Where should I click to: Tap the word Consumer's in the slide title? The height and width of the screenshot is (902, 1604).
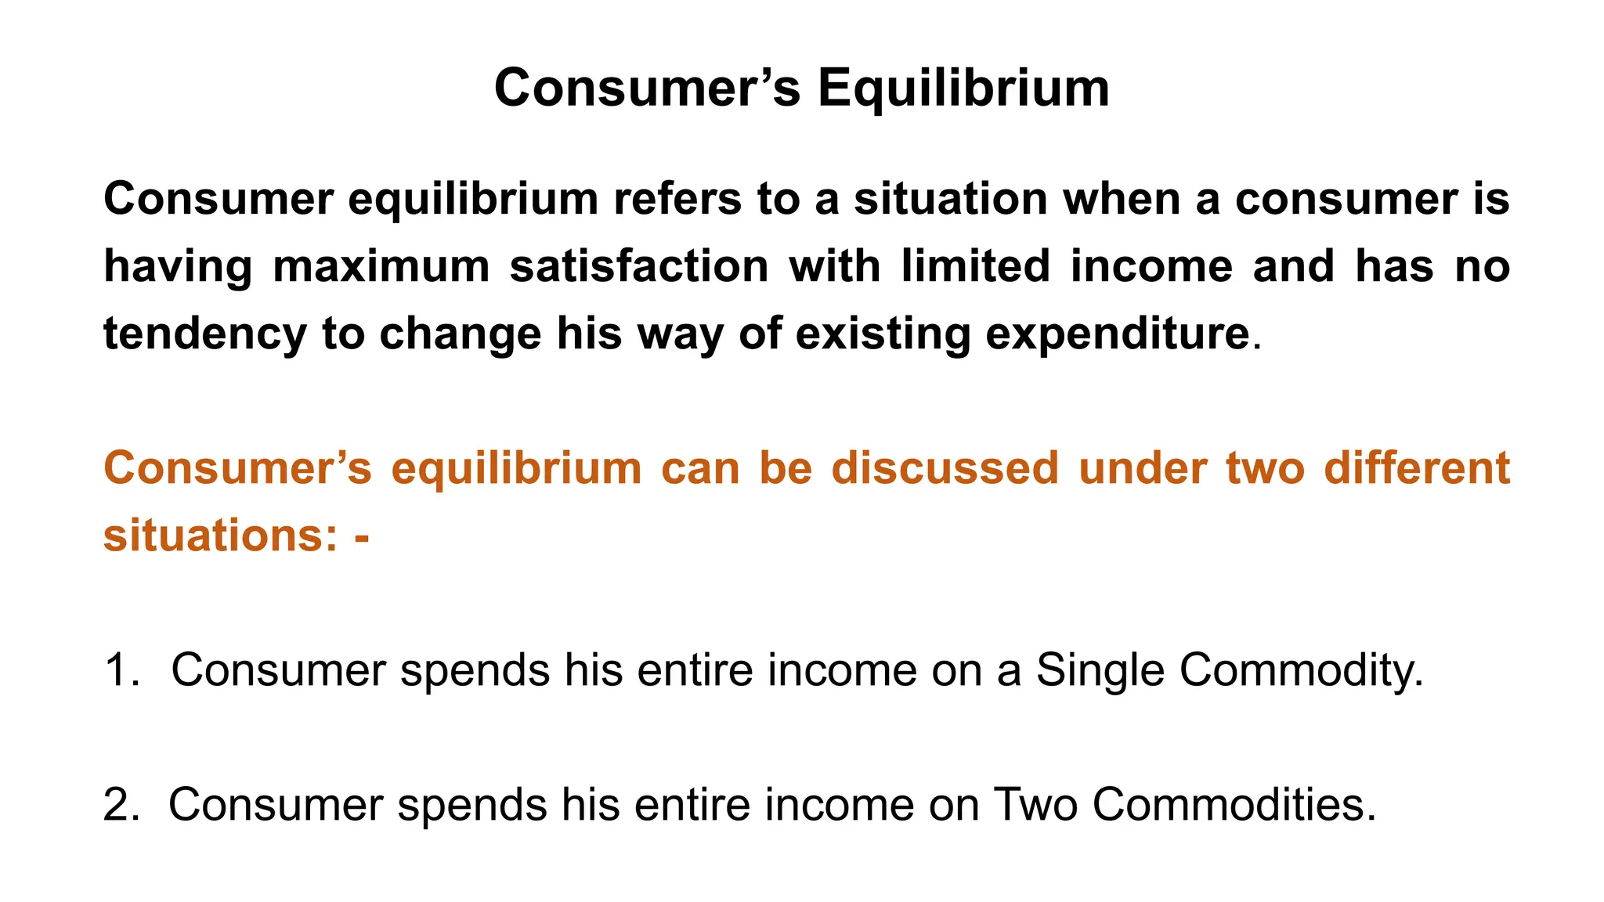pos(648,88)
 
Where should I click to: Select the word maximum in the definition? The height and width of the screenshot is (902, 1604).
pos(381,266)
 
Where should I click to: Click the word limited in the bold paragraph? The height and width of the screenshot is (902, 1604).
pos(976,266)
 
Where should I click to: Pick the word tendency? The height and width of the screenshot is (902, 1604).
pos(204,334)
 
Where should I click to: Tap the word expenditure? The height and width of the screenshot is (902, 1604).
pos(1118,334)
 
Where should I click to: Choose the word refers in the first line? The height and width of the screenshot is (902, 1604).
pos(677,199)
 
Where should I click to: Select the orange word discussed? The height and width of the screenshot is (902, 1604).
pos(945,468)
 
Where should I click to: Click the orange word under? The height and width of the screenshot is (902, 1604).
pos(1143,468)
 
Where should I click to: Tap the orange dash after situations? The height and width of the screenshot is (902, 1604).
pos(361,537)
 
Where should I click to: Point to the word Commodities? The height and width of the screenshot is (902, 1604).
pos(1234,805)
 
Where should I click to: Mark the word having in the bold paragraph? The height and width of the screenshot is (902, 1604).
pos(178,266)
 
